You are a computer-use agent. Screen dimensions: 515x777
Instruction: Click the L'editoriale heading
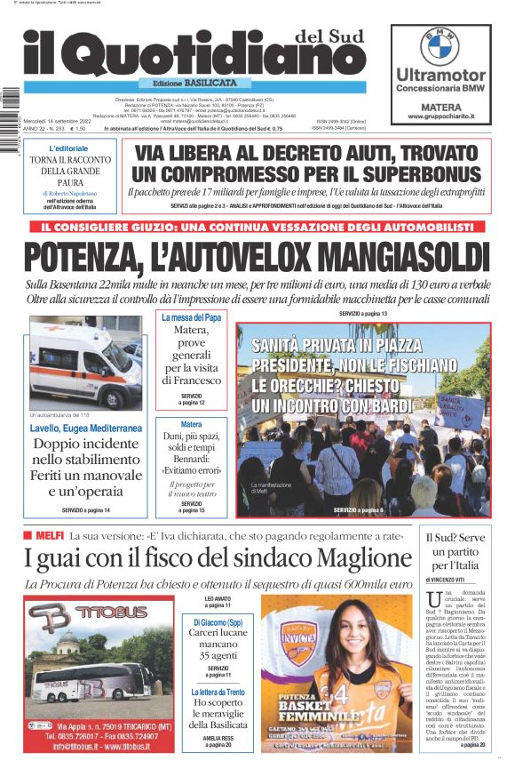pyautogui.click(x=68, y=148)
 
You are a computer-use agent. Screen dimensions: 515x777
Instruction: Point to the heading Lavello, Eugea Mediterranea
pyautogui.click(x=85, y=428)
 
